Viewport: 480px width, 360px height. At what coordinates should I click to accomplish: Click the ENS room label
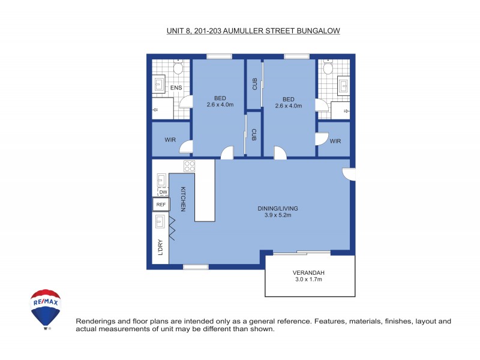(176, 88)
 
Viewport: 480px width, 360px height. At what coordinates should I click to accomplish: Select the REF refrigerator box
(160, 205)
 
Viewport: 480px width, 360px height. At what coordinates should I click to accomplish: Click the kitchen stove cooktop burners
(189, 167)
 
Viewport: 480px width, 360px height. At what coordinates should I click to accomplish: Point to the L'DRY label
(160, 248)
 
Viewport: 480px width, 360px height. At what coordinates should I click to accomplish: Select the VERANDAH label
(309, 272)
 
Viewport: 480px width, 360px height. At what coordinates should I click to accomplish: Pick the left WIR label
(170, 140)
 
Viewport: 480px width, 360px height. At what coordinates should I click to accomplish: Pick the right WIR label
(335, 141)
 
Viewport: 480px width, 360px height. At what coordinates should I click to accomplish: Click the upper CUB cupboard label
(254, 84)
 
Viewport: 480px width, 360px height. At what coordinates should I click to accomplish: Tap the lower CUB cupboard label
(254, 135)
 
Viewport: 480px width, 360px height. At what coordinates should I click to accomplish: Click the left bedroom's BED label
(220, 99)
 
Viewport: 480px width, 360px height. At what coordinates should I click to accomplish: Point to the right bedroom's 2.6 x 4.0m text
(288, 106)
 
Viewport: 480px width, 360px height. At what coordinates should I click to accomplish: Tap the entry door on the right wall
(349, 174)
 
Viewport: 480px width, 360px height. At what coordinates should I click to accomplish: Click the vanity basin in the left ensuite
(160, 85)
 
